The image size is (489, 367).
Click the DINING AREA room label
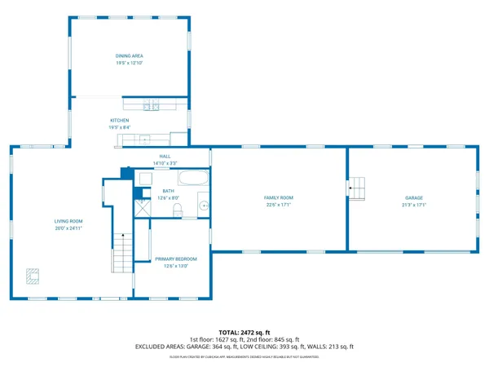click(130, 55)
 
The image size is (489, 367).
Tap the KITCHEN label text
click(120, 121)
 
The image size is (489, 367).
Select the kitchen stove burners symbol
click(149, 105)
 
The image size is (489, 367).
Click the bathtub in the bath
click(193, 178)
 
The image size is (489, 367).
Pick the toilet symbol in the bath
click(177, 210)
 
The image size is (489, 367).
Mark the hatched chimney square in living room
click(32, 276)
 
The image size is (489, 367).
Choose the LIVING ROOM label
click(69, 221)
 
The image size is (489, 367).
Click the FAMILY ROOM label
click(278, 198)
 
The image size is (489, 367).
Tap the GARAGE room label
click(413, 198)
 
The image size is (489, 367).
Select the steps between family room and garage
click(356, 186)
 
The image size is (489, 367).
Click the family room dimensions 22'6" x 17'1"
click(278, 205)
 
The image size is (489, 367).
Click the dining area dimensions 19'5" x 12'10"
click(130, 63)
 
